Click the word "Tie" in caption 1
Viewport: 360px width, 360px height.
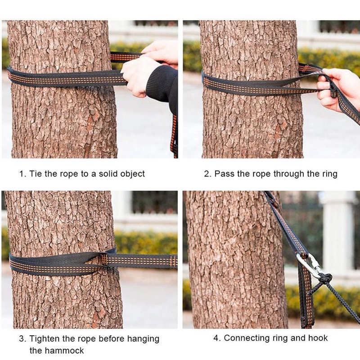(x=36, y=174)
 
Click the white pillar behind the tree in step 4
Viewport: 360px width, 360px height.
(x=337, y=229)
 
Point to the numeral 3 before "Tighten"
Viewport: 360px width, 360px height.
(x=22, y=339)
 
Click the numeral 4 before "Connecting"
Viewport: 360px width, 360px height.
(x=216, y=338)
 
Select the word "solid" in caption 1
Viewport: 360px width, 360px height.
(x=107, y=174)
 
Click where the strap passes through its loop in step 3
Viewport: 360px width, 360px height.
(x=104, y=260)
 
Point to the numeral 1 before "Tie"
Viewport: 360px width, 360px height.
(x=22, y=174)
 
